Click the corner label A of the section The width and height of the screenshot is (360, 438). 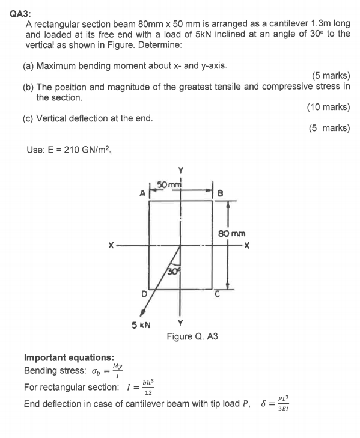[142, 193]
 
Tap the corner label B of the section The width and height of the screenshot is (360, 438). [219, 193]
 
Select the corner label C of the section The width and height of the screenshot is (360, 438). [219, 294]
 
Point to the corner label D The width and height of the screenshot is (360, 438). [144, 294]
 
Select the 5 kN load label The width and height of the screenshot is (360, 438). [141, 324]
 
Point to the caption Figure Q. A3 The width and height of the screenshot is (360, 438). [192, 336]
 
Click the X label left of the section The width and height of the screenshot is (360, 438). [111, 246]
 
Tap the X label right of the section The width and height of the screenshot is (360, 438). [246, 246]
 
